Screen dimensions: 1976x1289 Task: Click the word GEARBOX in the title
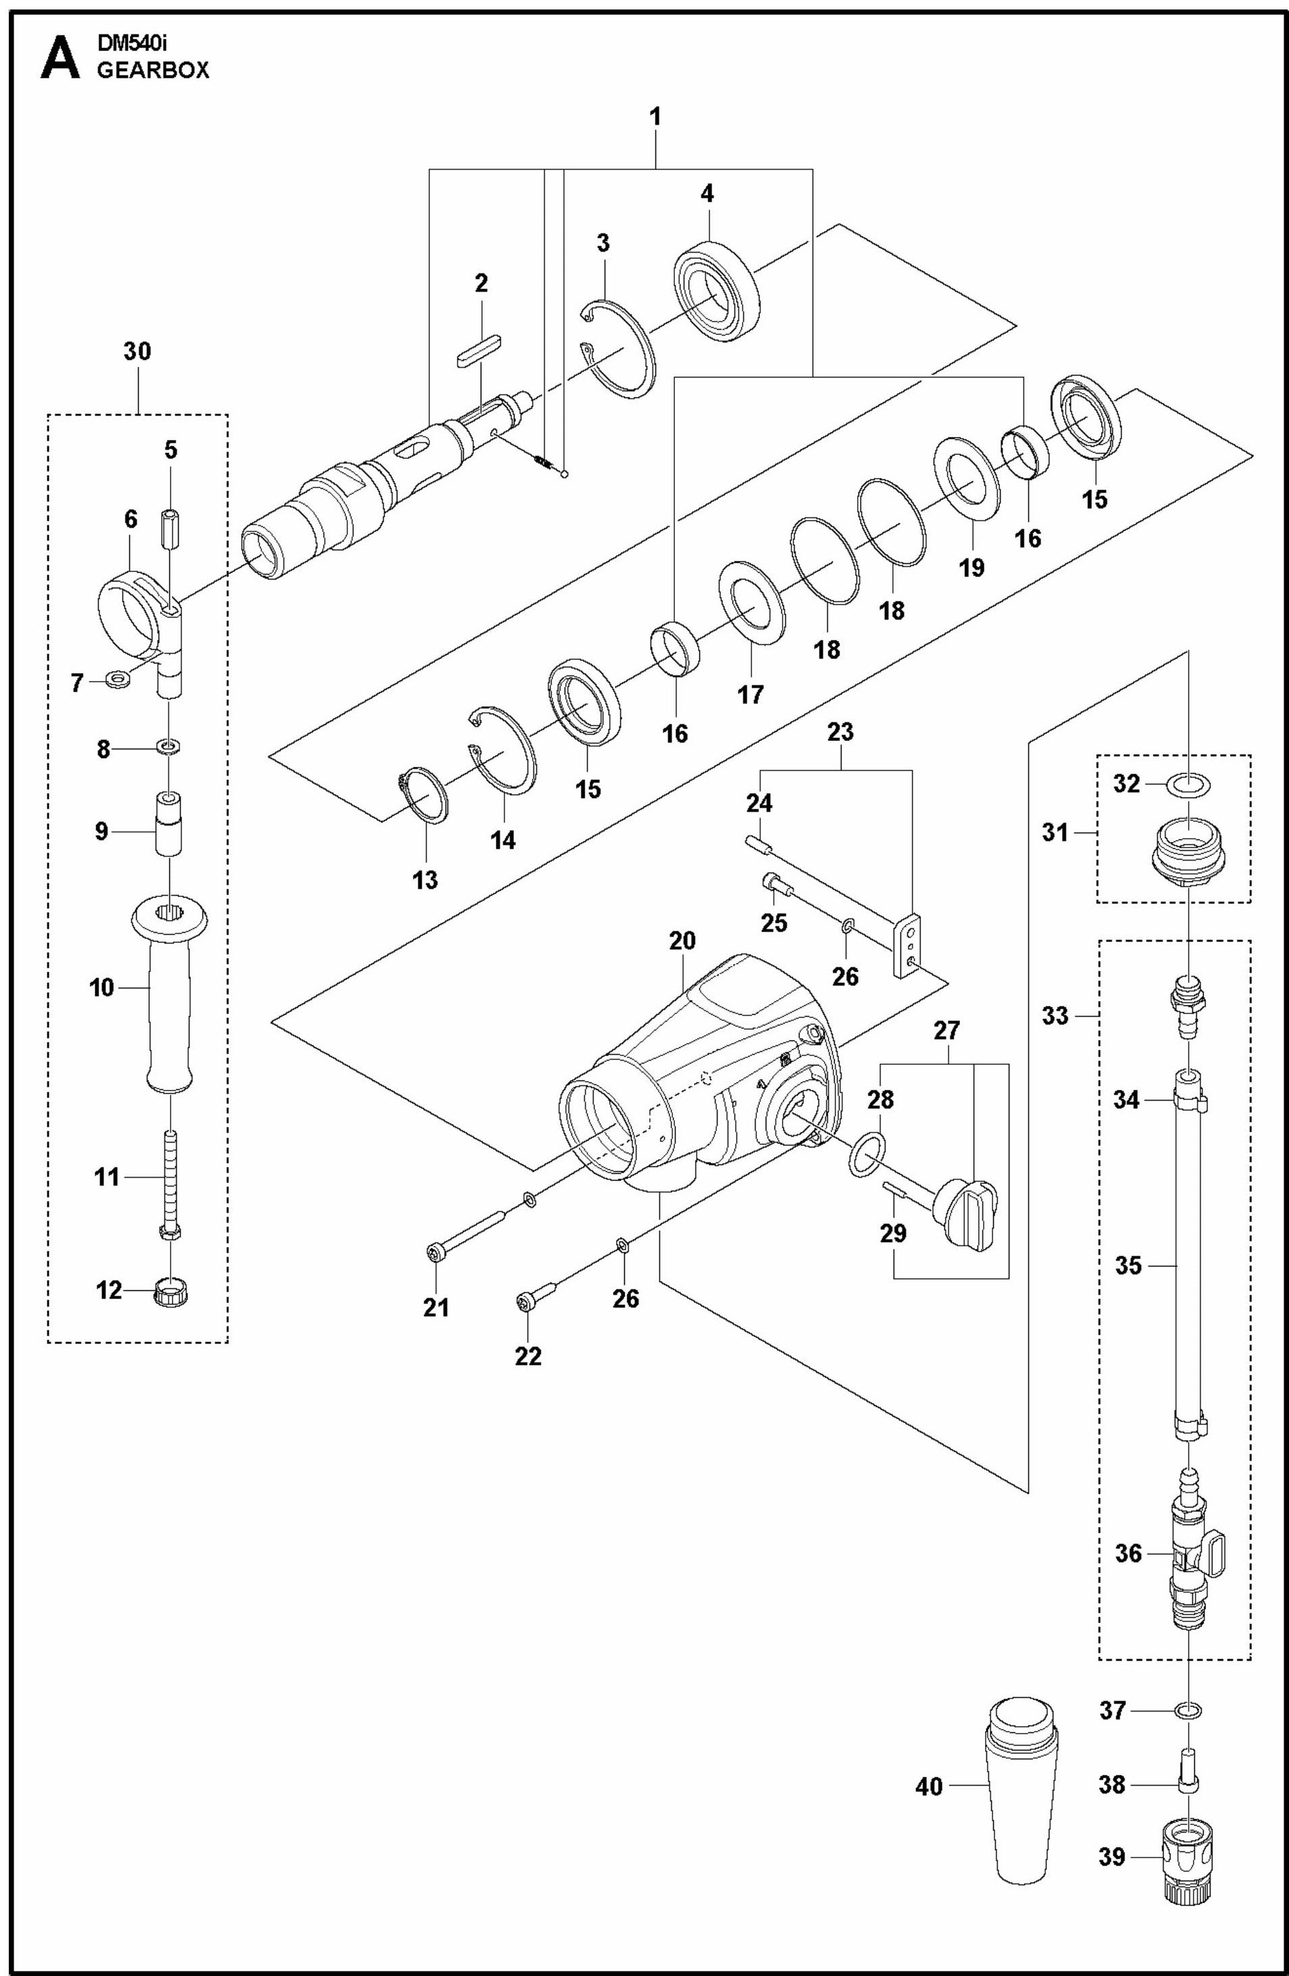click(153, 71)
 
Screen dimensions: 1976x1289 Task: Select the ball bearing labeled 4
click(716, 290)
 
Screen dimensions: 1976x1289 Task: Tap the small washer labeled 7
click(118, 680)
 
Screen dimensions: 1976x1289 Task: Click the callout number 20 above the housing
click(682, 941)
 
